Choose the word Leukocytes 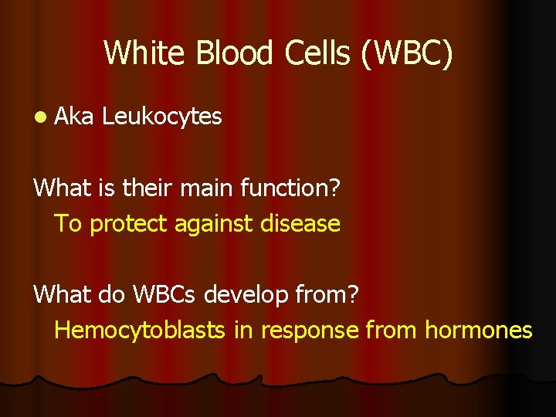pos(162,117)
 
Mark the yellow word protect pos(130,224)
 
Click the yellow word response pos(309,331)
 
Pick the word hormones pos(478,331)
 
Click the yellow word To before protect pos(68,224)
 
